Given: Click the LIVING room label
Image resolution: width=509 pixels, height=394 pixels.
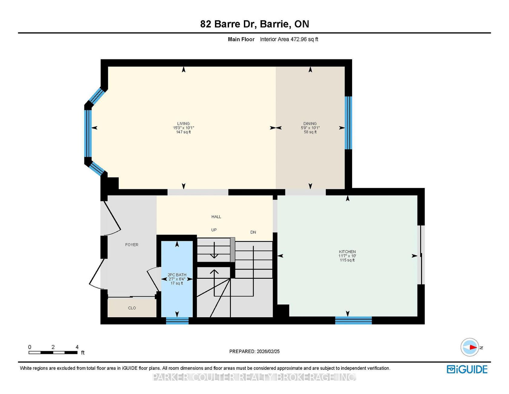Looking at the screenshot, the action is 184,124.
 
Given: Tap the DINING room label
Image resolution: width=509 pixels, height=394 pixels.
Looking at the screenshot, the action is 310,124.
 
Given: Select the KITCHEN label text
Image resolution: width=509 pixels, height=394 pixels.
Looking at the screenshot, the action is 347,252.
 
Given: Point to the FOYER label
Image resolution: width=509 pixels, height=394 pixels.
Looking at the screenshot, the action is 132,245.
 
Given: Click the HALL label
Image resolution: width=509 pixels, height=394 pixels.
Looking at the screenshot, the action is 216,217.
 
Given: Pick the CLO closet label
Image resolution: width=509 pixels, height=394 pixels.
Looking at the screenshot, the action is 132,308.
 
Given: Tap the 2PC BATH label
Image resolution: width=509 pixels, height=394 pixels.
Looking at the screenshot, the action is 177,275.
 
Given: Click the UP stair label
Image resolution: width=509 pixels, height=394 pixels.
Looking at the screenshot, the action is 214,230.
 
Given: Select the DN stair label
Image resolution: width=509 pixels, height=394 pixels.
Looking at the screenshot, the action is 253,232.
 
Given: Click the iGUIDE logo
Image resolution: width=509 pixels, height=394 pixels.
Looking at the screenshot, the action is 467,369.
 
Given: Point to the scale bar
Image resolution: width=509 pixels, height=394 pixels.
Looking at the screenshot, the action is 53,352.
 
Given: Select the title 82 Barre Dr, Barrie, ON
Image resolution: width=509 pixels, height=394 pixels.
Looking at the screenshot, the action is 254,24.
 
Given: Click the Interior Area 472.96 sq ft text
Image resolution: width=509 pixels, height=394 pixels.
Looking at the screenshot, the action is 289,39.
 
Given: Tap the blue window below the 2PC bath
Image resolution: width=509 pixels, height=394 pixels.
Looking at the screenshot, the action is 177,321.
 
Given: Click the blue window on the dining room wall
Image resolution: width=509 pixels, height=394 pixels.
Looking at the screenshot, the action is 348,123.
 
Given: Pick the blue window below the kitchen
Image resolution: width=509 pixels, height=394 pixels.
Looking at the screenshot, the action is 353,320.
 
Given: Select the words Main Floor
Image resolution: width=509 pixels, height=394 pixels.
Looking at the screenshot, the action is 241,39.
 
